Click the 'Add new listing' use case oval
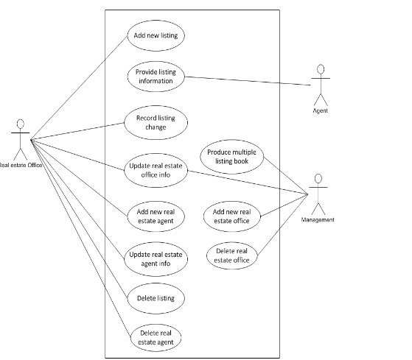[x=155, y=35]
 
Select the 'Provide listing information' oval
[x=155, y=76]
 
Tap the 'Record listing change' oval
[x=155, y=121]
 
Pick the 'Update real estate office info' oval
[x=155, y=170]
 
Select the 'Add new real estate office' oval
[x=231, y=214]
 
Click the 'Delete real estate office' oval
[x=231, y=255]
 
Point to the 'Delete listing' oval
[x=155, y=299]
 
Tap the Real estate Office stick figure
[x=20, y=136]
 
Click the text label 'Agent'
[x=319, y=111]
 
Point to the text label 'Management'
[x=318, y=219]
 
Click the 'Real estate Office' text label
[x=21, y=166]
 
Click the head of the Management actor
[x=318, y=178]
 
